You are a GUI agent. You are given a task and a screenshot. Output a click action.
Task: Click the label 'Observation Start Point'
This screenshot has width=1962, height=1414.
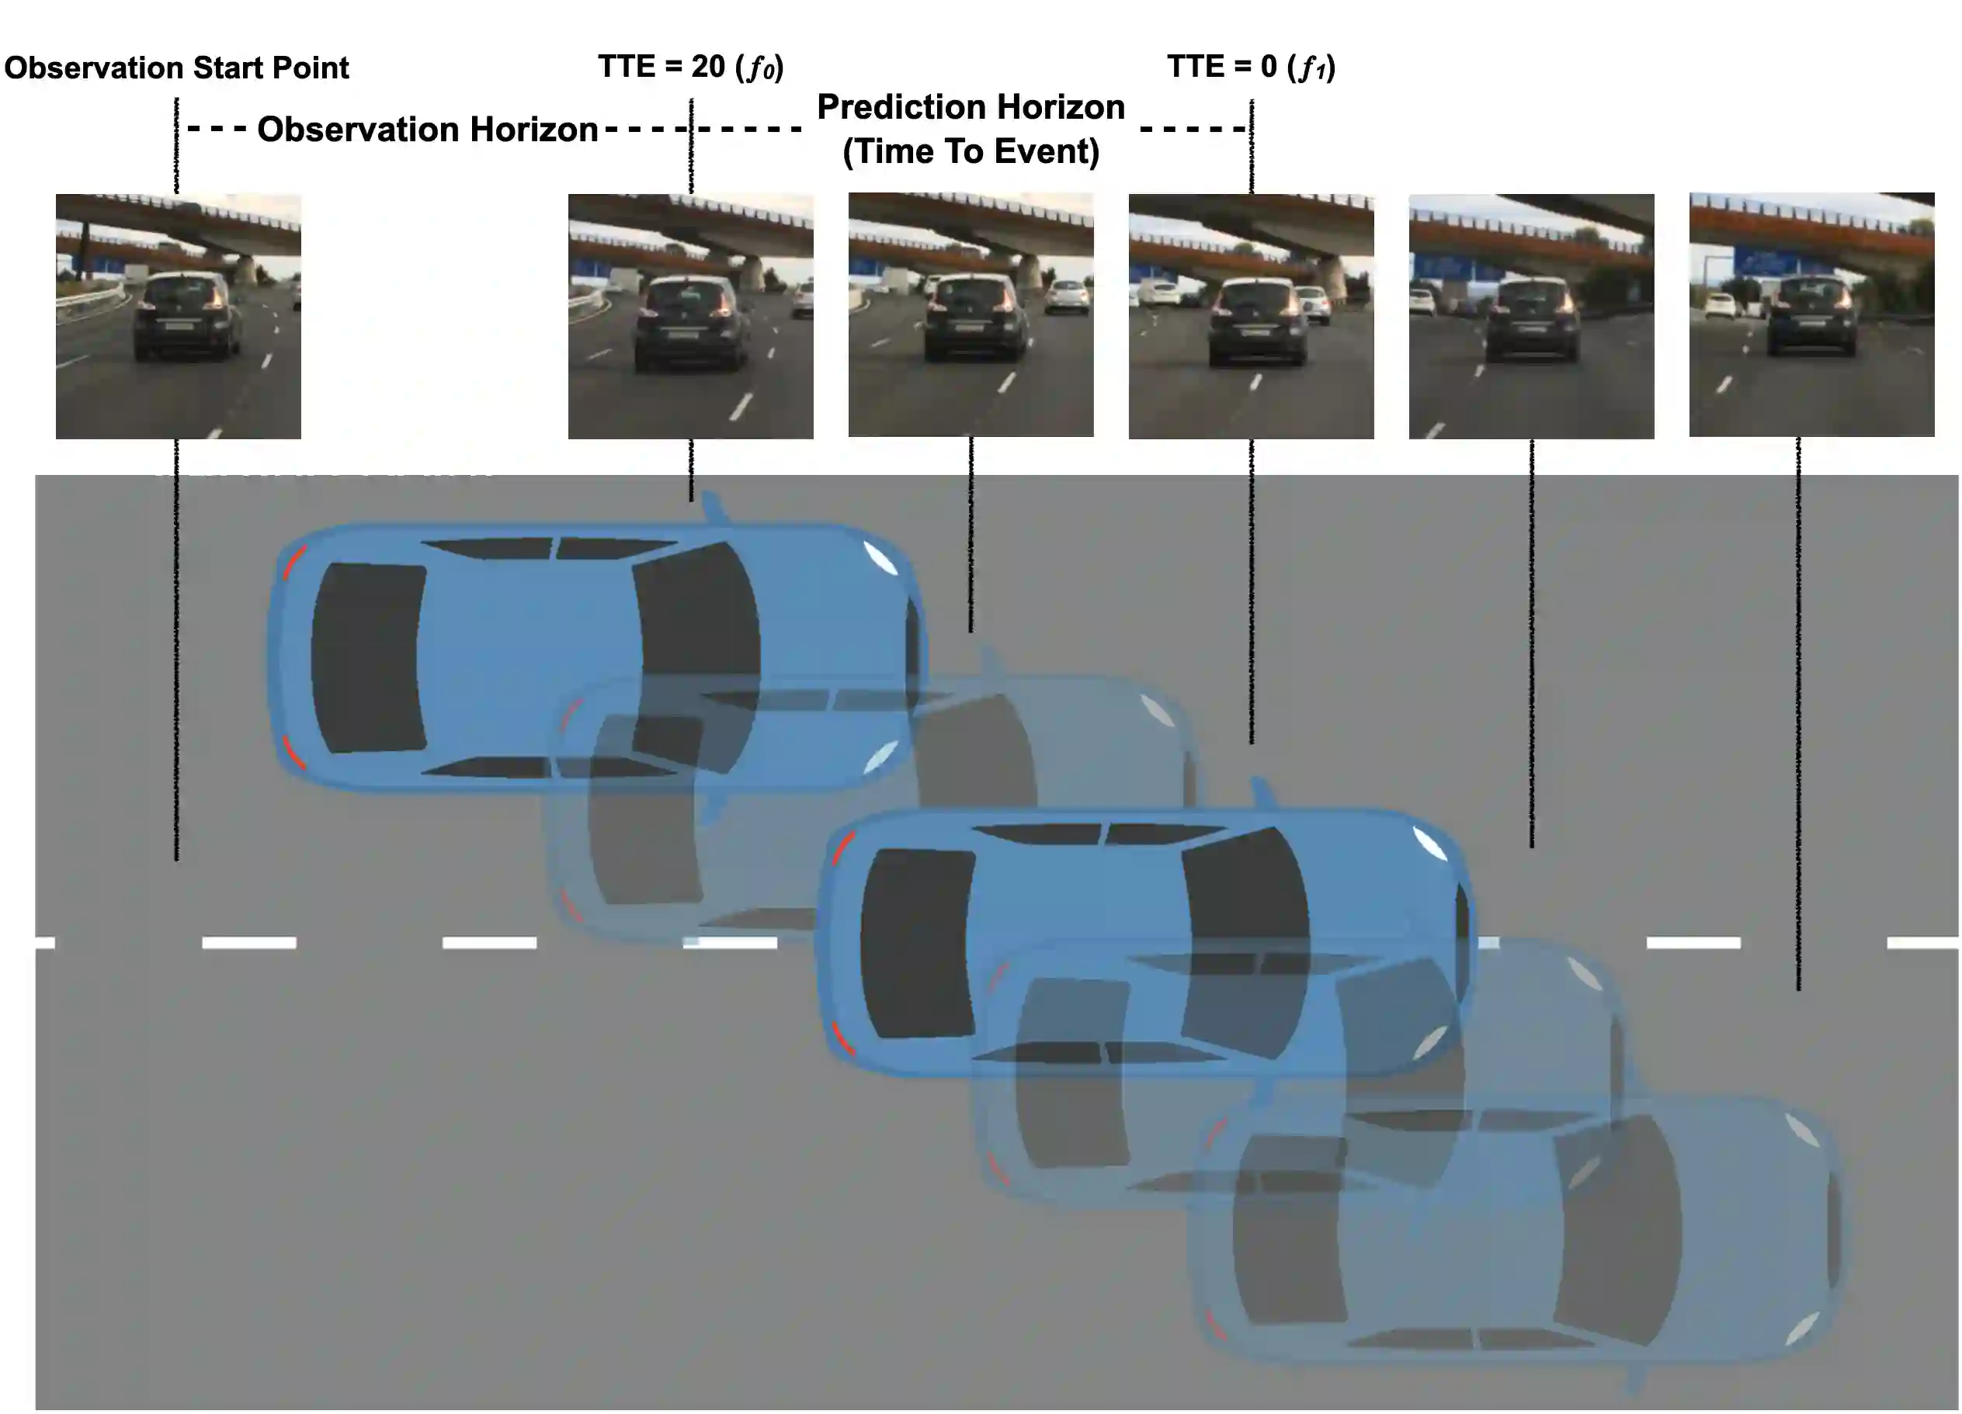176,68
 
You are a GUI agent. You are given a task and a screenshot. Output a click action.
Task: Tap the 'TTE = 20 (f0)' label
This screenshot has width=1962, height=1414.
690,67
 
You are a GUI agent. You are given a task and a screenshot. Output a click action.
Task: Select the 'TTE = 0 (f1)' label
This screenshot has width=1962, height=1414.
1251,67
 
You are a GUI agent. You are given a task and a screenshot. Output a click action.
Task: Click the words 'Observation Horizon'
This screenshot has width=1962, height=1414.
427,130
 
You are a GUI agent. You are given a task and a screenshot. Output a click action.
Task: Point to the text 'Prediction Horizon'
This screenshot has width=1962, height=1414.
971,107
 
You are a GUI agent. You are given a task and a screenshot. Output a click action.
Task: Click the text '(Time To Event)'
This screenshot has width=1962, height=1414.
971,151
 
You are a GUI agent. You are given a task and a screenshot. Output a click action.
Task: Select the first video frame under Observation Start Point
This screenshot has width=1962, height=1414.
179,316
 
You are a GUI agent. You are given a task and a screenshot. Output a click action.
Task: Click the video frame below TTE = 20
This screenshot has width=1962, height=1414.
690,316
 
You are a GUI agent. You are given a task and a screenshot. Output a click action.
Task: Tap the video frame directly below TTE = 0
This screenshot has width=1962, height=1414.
1251,316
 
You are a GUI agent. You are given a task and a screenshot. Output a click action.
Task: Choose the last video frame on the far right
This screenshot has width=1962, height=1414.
1811,314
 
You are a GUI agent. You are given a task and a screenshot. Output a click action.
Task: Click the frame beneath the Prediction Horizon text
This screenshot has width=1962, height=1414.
971,314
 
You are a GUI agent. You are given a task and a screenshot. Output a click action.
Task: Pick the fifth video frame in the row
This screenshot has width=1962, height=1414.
1531,316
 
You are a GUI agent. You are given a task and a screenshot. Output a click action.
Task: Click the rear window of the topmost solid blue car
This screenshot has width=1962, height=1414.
368,657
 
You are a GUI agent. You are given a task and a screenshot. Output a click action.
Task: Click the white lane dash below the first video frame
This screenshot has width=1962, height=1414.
249,943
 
